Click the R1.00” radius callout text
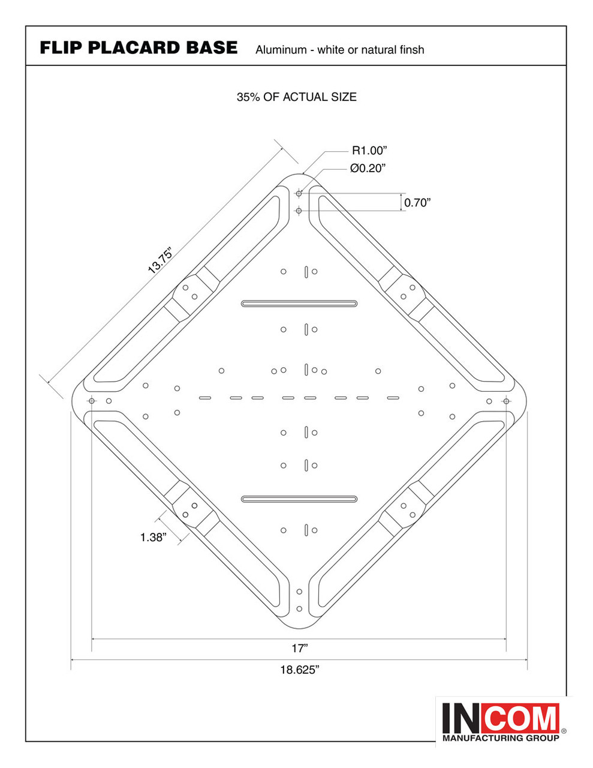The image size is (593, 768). coord(369,151)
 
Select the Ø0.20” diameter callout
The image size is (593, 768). coord(368,168)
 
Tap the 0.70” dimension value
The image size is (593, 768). coord(417,203)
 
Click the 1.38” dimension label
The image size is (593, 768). coord(153,537)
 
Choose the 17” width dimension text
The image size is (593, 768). coord(300,649)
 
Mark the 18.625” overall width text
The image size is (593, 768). coord(300,670)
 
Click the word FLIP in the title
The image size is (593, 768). coord(61,48)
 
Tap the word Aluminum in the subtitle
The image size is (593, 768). coord(281,50)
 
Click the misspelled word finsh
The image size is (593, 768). coord(412,50)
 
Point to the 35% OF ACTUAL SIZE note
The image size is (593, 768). coord(297,97)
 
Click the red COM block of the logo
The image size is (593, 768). coord(524,718)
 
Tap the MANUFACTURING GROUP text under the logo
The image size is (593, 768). coord(501,739)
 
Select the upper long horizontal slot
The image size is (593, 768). coord(299,304)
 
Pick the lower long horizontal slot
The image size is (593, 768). coord(299,499)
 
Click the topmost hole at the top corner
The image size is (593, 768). coord(299,193)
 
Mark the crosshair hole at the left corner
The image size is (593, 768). coord(92,401)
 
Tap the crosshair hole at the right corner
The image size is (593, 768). coord(506,401)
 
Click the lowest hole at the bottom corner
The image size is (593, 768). coord(299,608)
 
